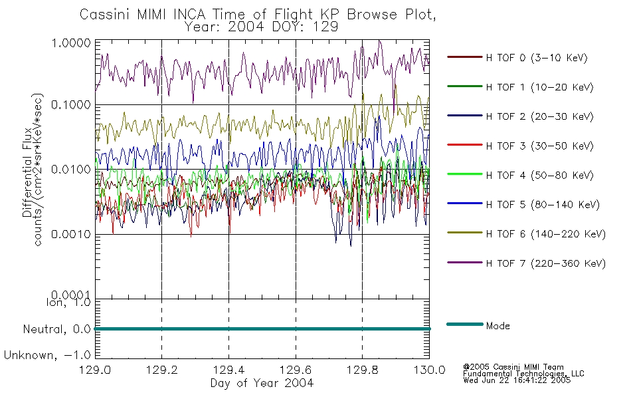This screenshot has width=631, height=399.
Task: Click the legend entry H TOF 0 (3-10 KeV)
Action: click(537, 58)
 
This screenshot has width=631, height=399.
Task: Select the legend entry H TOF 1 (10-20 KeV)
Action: click(539, 87)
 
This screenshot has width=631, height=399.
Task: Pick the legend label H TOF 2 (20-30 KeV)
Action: click(539, 116)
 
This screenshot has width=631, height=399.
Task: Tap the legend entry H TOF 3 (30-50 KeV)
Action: click(539, 146)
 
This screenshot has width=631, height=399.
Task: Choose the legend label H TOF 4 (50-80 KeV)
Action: click(539, 176)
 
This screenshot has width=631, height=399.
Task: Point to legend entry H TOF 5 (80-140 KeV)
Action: click(543, 205)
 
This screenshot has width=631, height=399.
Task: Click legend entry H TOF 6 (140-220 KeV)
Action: click(545, 234)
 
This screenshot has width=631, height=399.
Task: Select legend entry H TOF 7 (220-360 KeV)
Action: click(545, 263)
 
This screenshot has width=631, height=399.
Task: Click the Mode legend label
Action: click(497, 326)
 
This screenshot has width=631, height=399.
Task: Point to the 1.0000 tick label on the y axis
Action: click(71, 43)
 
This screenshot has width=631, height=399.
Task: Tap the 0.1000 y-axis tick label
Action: click(71, 105)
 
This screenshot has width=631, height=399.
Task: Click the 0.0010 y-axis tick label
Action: click(71, 234)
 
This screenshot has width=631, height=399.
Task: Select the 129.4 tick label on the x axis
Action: click(229, 370)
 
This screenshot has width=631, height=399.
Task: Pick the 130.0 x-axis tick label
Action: click(429, 370)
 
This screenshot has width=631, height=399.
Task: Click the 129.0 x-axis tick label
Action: click(95, 370)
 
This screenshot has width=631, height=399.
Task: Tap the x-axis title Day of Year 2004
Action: click(262, 383)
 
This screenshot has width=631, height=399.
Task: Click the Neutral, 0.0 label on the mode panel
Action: click(56, 329)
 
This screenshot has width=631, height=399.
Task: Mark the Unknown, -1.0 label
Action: click(47, 355)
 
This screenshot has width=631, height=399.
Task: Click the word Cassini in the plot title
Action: click(106, 15)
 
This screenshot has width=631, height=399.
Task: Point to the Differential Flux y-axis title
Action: click(27, 172)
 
